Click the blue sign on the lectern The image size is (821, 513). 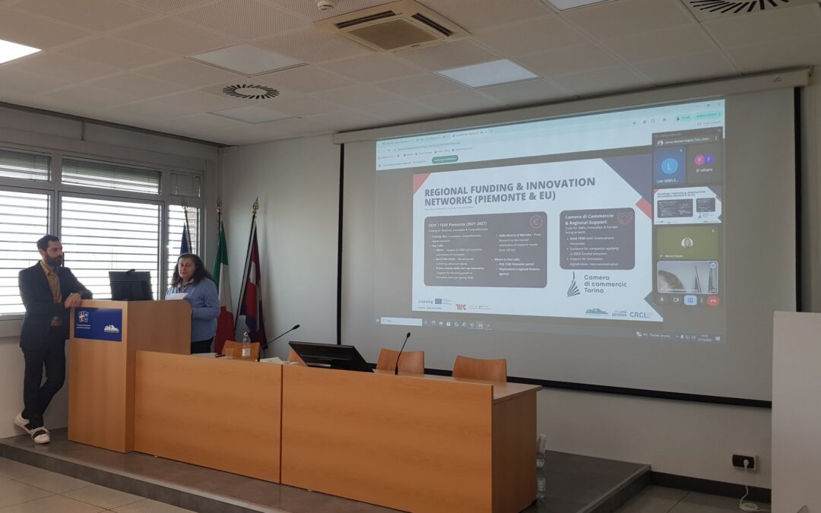pos(97,324)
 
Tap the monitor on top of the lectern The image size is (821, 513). pos(131,286)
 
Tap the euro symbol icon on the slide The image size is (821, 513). pos(536,222)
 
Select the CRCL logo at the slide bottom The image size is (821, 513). pos(640,314)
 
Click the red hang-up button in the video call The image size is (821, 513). pos(712,300)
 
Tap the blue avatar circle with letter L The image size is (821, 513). pos(669,165)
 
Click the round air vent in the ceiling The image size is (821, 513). pos(250,91)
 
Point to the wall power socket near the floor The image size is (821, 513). pos(743,461)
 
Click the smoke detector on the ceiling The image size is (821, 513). pos(325,5)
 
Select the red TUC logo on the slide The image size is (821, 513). pos(461,307)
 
